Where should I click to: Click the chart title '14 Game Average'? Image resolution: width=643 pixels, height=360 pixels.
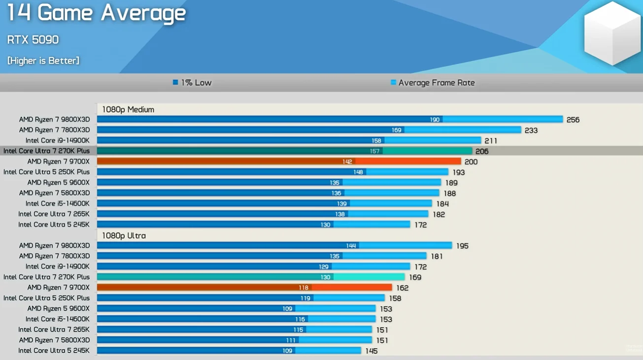pos(96,13)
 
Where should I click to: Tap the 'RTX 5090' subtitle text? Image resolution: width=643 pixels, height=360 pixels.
pos(33,40)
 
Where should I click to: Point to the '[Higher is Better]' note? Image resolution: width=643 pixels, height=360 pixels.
pos(43,61)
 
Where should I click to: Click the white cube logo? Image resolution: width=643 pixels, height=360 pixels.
pos(612,33)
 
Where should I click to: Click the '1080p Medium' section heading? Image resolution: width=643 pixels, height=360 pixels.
pos(128,109)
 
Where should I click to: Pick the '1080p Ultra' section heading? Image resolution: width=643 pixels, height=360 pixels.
pos(124,235)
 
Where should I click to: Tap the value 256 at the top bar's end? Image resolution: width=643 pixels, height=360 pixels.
pos(573,120)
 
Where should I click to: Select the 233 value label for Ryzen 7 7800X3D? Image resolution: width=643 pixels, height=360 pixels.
pos(531,131)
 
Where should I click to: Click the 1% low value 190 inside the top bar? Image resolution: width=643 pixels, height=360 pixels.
pos(434,120)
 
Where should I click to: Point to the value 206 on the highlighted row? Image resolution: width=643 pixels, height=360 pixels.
pos(482,151)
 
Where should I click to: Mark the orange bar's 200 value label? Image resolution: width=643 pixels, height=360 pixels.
pos(471,162)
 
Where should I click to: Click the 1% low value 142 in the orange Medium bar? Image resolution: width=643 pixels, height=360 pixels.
pos(347,162)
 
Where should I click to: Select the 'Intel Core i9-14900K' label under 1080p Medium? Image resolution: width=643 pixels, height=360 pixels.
pos(58,140)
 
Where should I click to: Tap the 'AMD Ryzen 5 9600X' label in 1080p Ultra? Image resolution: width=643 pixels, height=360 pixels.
pos(59,308)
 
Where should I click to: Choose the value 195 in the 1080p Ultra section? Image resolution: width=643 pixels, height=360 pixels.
pos(462,246)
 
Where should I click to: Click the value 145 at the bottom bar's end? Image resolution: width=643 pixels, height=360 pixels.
pos(372,351)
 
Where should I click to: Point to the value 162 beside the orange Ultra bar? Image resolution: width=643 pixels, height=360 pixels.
pos(402,288)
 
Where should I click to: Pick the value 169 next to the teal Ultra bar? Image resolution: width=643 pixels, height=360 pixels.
pos(415,277)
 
